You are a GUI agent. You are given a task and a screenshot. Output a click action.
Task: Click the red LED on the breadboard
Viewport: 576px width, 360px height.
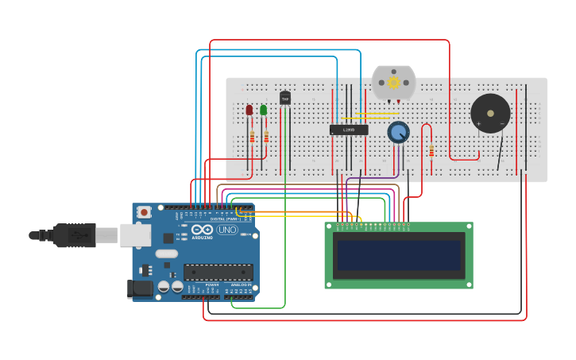tap(249, 110)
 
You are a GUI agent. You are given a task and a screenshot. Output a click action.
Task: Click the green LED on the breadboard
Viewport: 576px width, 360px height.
tap(263, 110)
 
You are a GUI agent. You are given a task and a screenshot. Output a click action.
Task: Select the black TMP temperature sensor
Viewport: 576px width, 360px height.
tap(285, 99)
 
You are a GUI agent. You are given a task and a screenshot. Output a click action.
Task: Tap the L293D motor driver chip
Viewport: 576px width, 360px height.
tap(349, 130)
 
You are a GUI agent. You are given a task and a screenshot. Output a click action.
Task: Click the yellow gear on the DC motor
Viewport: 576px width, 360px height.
tap(393, 82)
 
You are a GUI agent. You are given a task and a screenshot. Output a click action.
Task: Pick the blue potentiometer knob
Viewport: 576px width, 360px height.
tap(398, 132)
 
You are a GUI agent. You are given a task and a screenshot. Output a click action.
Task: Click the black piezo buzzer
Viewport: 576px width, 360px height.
tap(490, 114)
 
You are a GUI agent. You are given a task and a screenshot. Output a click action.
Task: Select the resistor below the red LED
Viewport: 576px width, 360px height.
tap(253, 137)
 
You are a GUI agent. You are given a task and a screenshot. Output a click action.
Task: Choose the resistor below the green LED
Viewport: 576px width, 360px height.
tap(266, 137)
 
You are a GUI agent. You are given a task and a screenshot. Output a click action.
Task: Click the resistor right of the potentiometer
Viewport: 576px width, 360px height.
tap(431, 150)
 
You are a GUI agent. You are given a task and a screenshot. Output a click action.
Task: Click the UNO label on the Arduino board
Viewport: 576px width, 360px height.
tap(227, 230)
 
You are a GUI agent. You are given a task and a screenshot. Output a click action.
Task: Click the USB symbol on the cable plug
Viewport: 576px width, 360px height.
tap(78, 235)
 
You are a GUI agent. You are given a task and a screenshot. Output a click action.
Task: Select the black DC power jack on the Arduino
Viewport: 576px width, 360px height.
tap(141, 288)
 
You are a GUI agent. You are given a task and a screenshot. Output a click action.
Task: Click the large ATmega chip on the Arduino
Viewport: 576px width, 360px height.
tap(218, 272)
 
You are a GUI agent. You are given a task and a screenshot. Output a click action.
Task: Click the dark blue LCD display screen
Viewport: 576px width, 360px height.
tap(399, 256)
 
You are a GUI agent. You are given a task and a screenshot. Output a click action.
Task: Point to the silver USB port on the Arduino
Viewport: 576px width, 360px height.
tap(135, 234)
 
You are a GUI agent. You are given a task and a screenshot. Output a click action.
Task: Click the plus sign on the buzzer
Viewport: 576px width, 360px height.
tap(479, 124)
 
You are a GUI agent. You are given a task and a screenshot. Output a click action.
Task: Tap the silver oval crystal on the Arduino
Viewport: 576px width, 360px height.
tap(166, 254)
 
